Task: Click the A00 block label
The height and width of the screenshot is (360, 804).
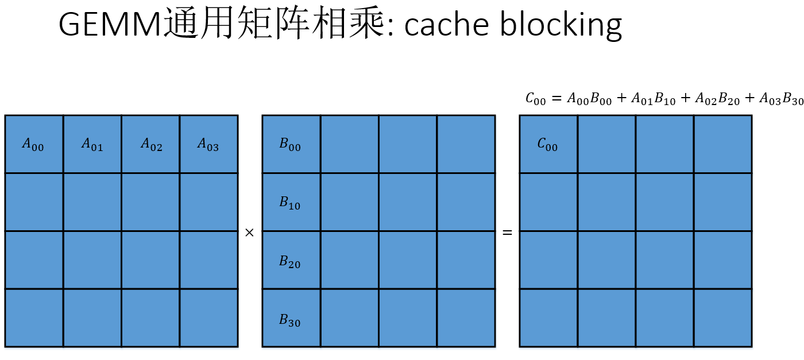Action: click(x=33, y=145)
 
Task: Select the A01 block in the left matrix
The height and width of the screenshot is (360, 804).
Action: click(x=92, y=145)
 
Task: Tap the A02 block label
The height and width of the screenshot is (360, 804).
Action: click(x=151, y=145)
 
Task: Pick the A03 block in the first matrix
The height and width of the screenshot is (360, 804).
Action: click(x=208, y=145)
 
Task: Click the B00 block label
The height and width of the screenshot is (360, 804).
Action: click(x=290, y=145)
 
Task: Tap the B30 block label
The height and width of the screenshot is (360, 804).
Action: click(x=290, y=320)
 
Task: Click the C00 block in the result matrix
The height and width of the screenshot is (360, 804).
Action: click(x=548, y=145)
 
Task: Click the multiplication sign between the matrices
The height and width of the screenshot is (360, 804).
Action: click(x=249, y=233)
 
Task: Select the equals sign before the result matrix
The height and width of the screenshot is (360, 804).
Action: click(x=507, y=233)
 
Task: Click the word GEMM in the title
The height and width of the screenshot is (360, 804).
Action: click(x=110, y=25)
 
